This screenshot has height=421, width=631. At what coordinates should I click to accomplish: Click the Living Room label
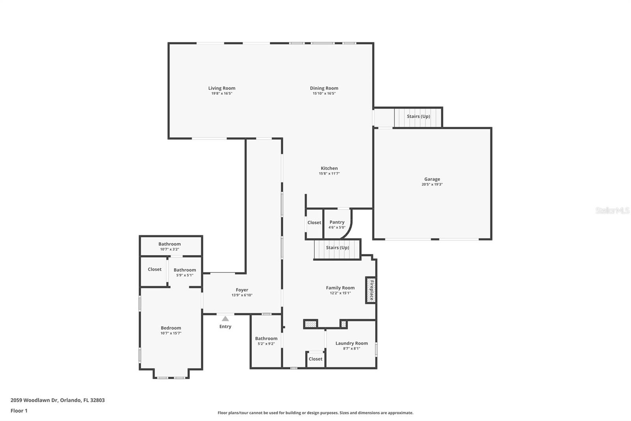[x=222, y=88]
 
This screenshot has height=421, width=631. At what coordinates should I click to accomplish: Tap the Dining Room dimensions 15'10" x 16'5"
[x=324, y=94]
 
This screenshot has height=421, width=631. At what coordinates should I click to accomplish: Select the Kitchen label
[x=329, y=168]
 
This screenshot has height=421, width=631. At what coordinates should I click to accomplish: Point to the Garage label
[x=432, y=179]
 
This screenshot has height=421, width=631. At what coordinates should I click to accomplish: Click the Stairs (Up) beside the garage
[x=418, y=117]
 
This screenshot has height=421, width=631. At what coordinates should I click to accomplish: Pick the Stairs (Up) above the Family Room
[x=337, y=248]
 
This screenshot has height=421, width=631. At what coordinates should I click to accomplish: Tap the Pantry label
[x=337, y=222]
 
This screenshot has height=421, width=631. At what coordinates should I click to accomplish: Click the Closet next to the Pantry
[x=314, y=223]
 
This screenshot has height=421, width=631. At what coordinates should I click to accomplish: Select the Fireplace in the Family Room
[x=371, y=290]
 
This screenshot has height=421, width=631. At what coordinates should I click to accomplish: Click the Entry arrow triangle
[x=225, y=318]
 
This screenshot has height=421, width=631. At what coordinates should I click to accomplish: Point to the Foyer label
[x=242, y=290]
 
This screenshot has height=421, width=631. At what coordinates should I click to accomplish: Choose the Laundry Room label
[x=351, y=343]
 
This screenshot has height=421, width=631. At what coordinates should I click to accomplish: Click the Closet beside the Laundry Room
[x=315, y=359]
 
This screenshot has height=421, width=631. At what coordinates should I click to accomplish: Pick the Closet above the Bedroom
[x=155, y=269]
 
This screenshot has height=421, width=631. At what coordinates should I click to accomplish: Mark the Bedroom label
[x=171, y=328]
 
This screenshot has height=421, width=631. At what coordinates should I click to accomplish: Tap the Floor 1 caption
[x=19, y=411]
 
